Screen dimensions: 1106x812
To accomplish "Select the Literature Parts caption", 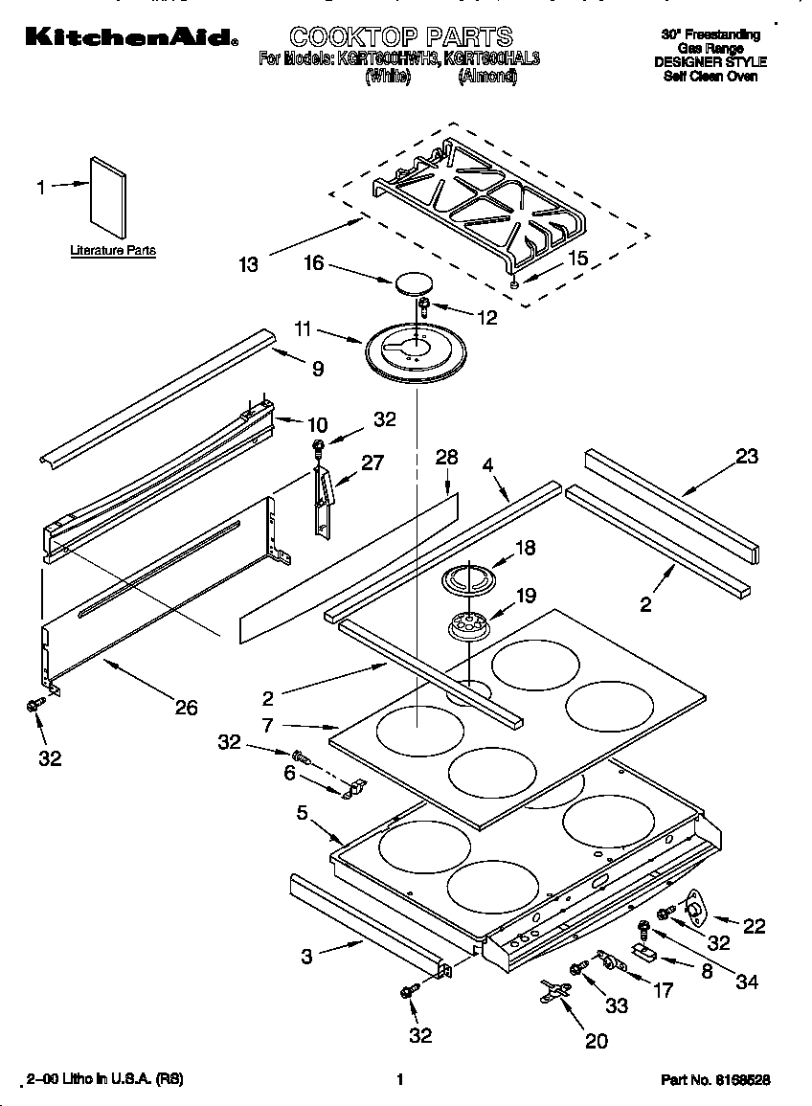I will [x=112, y=251].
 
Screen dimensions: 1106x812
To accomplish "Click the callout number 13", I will [x=249, y=264].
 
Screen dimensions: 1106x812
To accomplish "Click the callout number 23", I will [x=747, y=457].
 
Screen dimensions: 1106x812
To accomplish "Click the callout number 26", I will [x=186, y=708].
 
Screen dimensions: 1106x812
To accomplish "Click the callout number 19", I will [x=526, y=596].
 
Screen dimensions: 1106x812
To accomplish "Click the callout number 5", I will [x=302, y=813].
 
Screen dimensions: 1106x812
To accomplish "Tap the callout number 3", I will [x=306, y=956].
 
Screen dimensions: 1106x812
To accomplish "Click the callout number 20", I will [x=596, y=1041].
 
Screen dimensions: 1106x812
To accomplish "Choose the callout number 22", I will [x=755, y=925].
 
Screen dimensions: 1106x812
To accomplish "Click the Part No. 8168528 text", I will [x=715, y=1079].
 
